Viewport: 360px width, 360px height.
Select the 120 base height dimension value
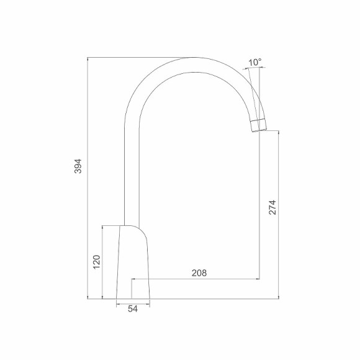[x=96, y=262]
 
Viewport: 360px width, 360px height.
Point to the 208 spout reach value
[x=199, y=272]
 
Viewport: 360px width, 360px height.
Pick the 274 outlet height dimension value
[x=272, y=207]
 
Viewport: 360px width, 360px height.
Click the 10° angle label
[x=254, y=62]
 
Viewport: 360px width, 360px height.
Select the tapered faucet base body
[x=133, y=264]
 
